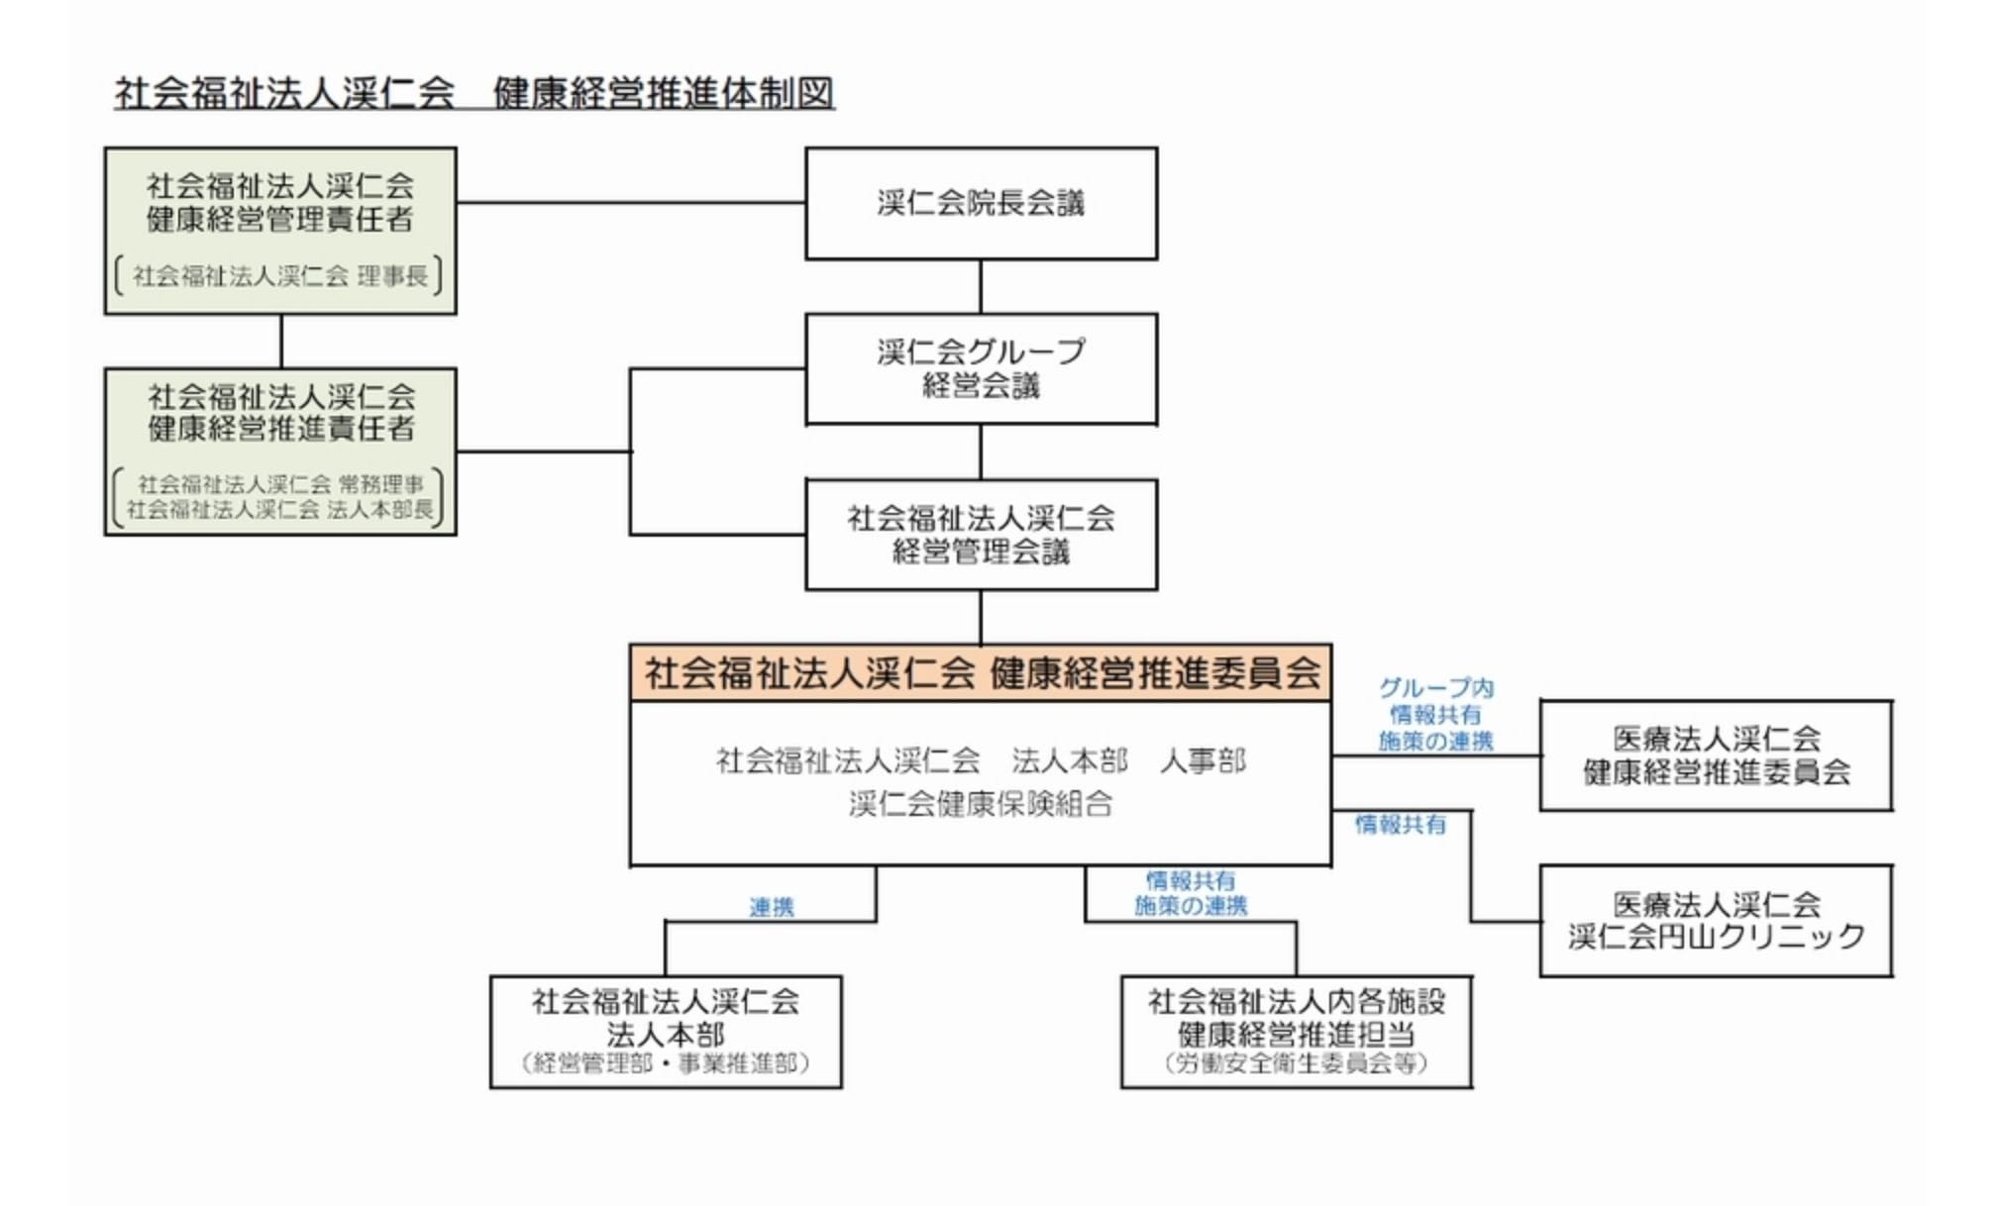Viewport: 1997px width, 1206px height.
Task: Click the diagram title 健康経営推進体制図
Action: [664, 93]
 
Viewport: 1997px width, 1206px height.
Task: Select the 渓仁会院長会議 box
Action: [981, 204]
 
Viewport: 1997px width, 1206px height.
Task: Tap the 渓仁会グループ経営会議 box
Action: [981, 368]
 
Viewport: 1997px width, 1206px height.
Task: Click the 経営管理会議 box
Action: [981, 535]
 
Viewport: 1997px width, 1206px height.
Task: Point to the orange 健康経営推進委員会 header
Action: [981, 673]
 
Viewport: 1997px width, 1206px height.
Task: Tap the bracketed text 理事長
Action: [392, 276]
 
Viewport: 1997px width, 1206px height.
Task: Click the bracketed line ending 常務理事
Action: [280, 484]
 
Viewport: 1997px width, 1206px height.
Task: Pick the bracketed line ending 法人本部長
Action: [280, 510]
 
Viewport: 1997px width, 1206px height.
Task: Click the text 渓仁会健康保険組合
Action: [981, 804]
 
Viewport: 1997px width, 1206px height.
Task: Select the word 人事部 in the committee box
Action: [1203, 760]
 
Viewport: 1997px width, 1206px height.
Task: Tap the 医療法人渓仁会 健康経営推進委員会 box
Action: [1716, 755]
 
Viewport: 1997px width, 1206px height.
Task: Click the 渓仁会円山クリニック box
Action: [1716, 921]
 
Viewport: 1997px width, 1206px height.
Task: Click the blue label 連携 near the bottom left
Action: [772, 907]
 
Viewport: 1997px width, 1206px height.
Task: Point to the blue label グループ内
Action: [1435, 688]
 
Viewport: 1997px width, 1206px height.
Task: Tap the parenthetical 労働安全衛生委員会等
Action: [1296, 1064]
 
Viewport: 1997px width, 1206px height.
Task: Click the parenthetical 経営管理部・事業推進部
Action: [666, 1064]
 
